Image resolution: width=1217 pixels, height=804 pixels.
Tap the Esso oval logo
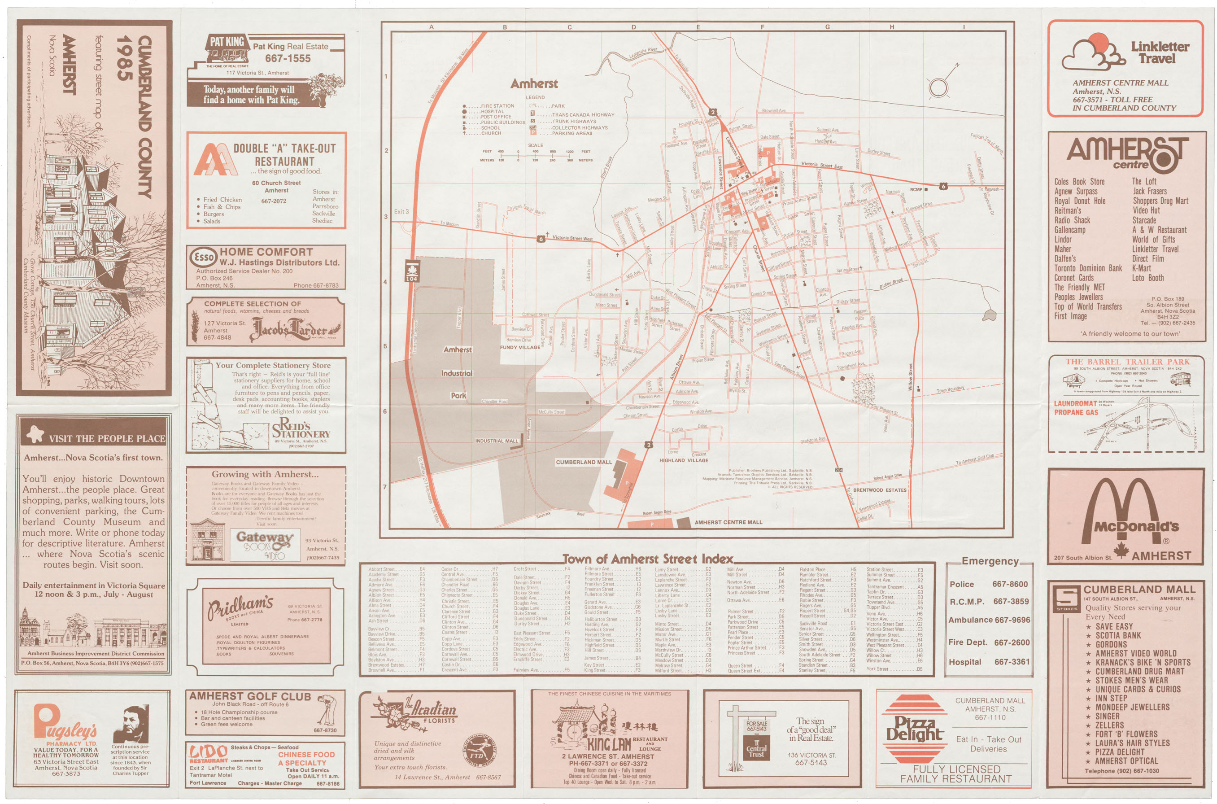[204, 256]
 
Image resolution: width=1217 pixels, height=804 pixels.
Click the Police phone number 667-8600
[1009, 584]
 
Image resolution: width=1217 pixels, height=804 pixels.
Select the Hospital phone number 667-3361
[1012, 662]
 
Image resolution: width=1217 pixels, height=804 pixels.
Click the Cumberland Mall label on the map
[584, 462]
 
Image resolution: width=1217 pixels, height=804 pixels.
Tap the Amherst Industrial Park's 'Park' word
[458, 395]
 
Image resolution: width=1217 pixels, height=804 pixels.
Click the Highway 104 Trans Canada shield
[412, 272]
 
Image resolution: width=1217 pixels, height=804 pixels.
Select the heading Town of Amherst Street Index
[648, 559]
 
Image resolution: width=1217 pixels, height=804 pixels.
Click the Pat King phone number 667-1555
[288, 58]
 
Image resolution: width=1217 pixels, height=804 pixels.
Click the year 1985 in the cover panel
[125, 58]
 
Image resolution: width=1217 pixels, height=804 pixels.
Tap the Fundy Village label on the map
[520, 347]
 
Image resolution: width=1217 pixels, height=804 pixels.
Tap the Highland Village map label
[683, 460]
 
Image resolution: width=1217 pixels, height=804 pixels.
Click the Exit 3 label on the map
[401, 211]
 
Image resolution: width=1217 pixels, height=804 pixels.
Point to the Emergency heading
[990, 561]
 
